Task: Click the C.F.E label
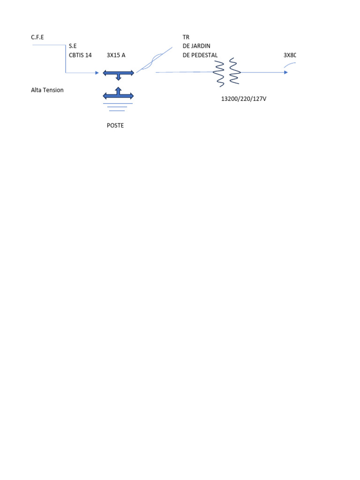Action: coord(37,37)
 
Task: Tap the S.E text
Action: coord(73,46)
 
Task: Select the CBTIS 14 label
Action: coord(80,55)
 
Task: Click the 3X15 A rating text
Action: coord(116,55)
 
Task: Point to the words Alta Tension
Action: coord(47,90)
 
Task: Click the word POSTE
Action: coord(115,126)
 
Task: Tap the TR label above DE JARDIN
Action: coord(186,37)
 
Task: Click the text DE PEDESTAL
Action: coord(200,55)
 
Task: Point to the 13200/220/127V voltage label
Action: coord(244,99)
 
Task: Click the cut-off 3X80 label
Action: coord(290,55)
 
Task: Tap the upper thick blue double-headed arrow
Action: coord(119,74)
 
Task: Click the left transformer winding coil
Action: coord(219,73)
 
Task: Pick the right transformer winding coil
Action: coord(234,72)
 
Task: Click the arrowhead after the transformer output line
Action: coord(285,72)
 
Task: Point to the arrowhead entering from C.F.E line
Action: coord(97,73)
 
